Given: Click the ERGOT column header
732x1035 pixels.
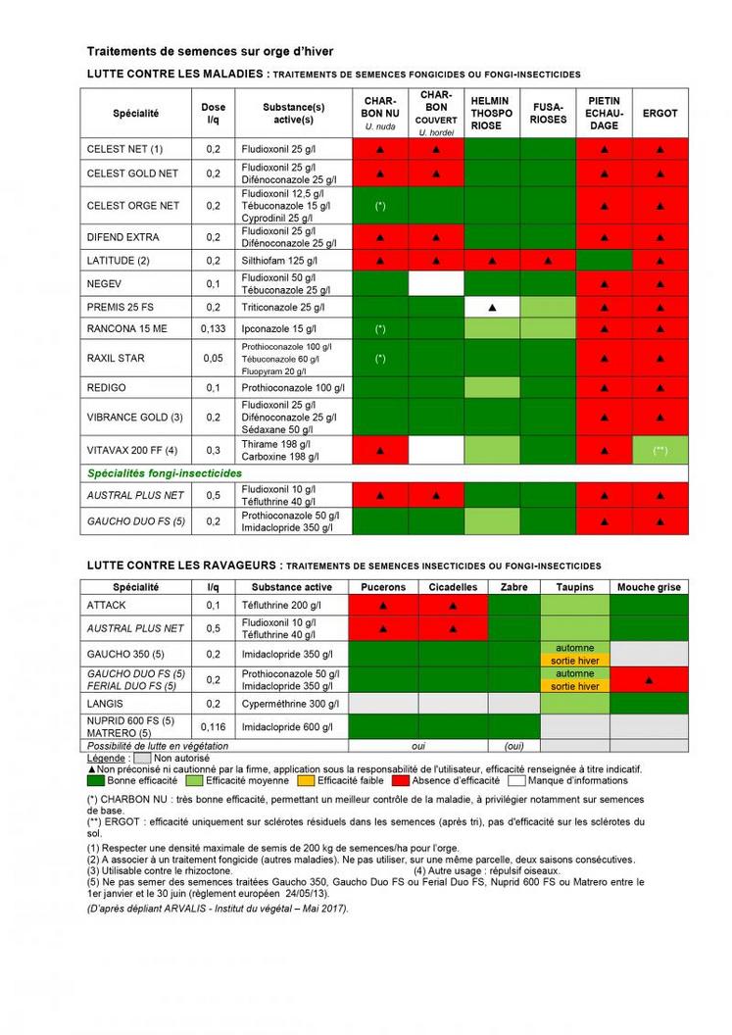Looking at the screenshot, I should pos(659,114).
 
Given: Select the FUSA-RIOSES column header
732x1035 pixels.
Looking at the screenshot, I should pos(548,114).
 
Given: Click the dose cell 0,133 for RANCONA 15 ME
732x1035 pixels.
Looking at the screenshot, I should pos(213,327).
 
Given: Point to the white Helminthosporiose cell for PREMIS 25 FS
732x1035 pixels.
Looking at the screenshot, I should pos(492,307).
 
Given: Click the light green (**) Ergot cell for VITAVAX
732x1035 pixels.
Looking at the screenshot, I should pos(659,451).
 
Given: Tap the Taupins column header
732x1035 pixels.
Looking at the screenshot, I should pos(574,587).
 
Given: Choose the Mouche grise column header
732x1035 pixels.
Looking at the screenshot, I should pos(648,587).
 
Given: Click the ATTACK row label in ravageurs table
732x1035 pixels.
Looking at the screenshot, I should pos(107,605).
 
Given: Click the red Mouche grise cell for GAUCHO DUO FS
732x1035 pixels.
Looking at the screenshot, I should pos(648,679).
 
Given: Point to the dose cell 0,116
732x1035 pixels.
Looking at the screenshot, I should pos(213,727).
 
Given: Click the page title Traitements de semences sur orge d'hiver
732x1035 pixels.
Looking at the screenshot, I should pos(211,50).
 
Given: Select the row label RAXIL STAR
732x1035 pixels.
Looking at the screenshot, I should pos(116,358).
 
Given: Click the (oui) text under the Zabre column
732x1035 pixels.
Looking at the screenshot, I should pos(513,746).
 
